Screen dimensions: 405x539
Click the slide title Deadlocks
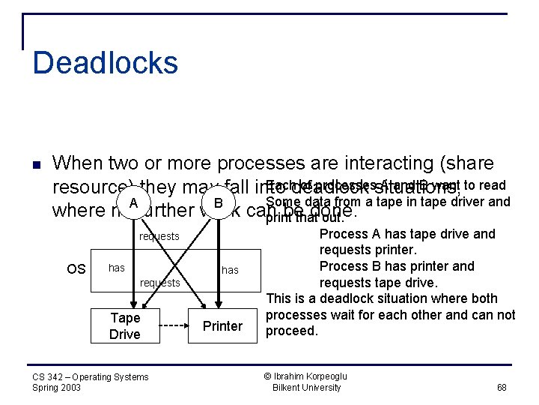[x=105, y=62]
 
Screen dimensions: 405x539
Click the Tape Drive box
[x=124, y=326]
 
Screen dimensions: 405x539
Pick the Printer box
[x=222, y=326]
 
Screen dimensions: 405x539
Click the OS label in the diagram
[x=76, y=268]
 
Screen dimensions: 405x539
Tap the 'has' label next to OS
[x=117, y=268]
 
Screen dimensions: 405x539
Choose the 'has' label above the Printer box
[x=230, y=270]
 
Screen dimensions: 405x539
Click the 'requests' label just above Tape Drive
[x=159, y=283]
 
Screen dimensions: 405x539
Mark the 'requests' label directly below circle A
[x=159, y=236]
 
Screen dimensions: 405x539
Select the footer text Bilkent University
[x=306, y=388]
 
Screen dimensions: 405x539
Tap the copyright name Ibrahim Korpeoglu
[x=311, y=376]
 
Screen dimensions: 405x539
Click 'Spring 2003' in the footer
[x=57, y=388]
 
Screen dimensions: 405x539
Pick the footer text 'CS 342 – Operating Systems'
[x=90, y=376]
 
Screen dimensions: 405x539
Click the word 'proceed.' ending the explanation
[x=292, y=331]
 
